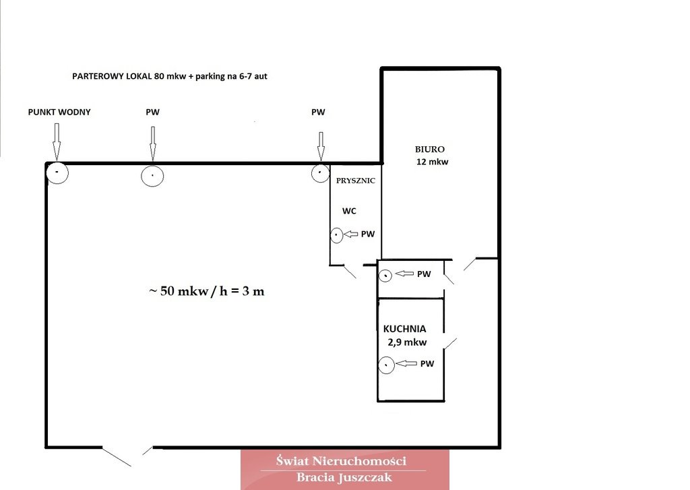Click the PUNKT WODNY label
[59, 113]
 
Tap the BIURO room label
[430, 149]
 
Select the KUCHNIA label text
[404, 329]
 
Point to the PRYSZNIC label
[356, 181]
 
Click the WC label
[349, 211]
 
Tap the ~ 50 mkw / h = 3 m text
[207, 291]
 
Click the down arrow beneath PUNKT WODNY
[57, 142]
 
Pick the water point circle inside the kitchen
[386, 365]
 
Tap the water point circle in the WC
[337, 235]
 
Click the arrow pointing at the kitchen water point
[406, 363]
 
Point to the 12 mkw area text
[432, 162]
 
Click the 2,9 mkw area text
[407, 342]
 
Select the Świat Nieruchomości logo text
[341, 461]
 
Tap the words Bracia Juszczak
[344, 477]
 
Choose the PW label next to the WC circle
[368, 234]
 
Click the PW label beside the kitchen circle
[427, 364]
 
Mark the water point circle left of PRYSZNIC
[320, 173]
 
